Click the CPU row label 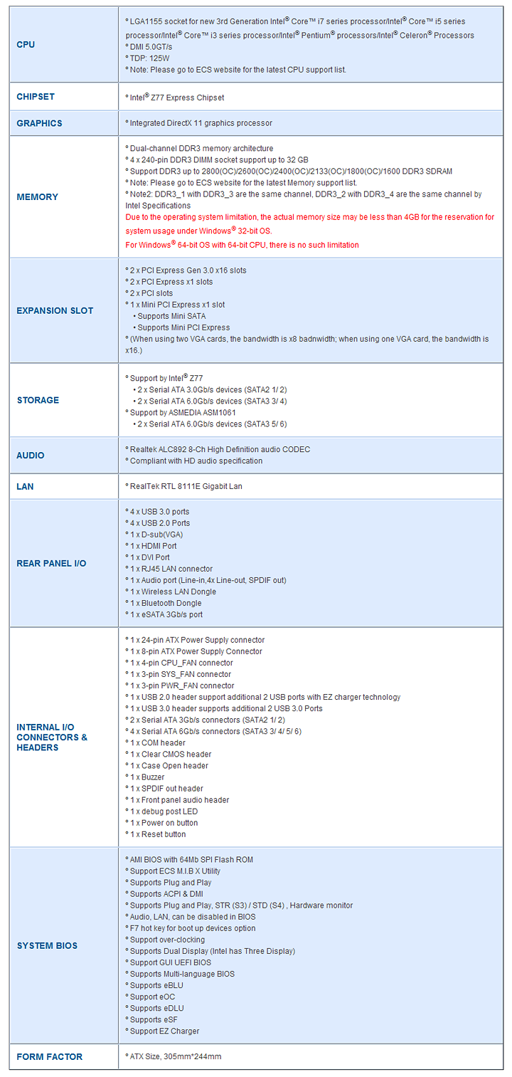(26, 45)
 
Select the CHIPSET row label (36, 97)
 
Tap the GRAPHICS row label (39, 123)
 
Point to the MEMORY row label (37, 197)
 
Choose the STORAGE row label (38, 400)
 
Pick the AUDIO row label (31, 456)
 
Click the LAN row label (25, 487)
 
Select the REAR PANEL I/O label (51, 564)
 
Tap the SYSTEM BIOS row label (47, 946)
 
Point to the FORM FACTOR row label (50, 1057)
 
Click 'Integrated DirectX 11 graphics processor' (201, 123)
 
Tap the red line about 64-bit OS (242, 245)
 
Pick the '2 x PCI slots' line (151, 293)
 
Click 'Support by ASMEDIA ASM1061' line (182, 413)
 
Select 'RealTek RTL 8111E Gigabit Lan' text (186, 487)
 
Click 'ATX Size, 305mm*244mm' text (175, 1057)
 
